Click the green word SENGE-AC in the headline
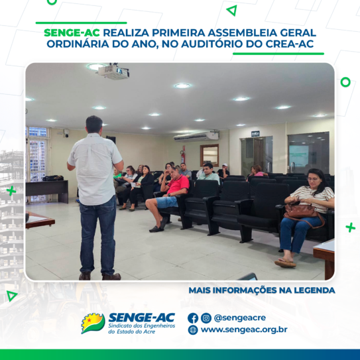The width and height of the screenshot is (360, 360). click(x=72, y=33)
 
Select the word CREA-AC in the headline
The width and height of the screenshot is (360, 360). click(x=290, y=44)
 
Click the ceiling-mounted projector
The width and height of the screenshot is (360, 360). click(x=113, y=72)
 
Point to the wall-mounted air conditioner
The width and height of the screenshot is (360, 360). click(x=196, y=137)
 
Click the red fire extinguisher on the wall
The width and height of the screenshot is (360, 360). click(x=183, y=156)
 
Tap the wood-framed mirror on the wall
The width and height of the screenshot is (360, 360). click(x=210, y=155)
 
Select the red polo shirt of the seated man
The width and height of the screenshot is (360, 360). click(x=178, y=184)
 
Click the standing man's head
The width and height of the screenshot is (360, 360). click(x=94, y=124)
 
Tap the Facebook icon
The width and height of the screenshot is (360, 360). click(x=193, y=318)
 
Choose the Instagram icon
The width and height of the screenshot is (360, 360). click(x=206, y=318)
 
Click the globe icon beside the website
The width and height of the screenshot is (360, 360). click(x=193, y=330)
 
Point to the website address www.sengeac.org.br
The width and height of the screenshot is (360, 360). click(x=244, y=330)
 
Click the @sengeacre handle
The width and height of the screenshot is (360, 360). click(x=240, y=318)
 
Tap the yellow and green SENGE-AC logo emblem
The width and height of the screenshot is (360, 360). click(x=93, y=323)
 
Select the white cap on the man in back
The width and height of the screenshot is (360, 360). click(x=225, y=165)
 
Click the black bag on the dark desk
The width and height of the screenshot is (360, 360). click(x=53, y=178)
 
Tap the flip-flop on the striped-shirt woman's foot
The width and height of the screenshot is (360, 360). click(x=285, y=263)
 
